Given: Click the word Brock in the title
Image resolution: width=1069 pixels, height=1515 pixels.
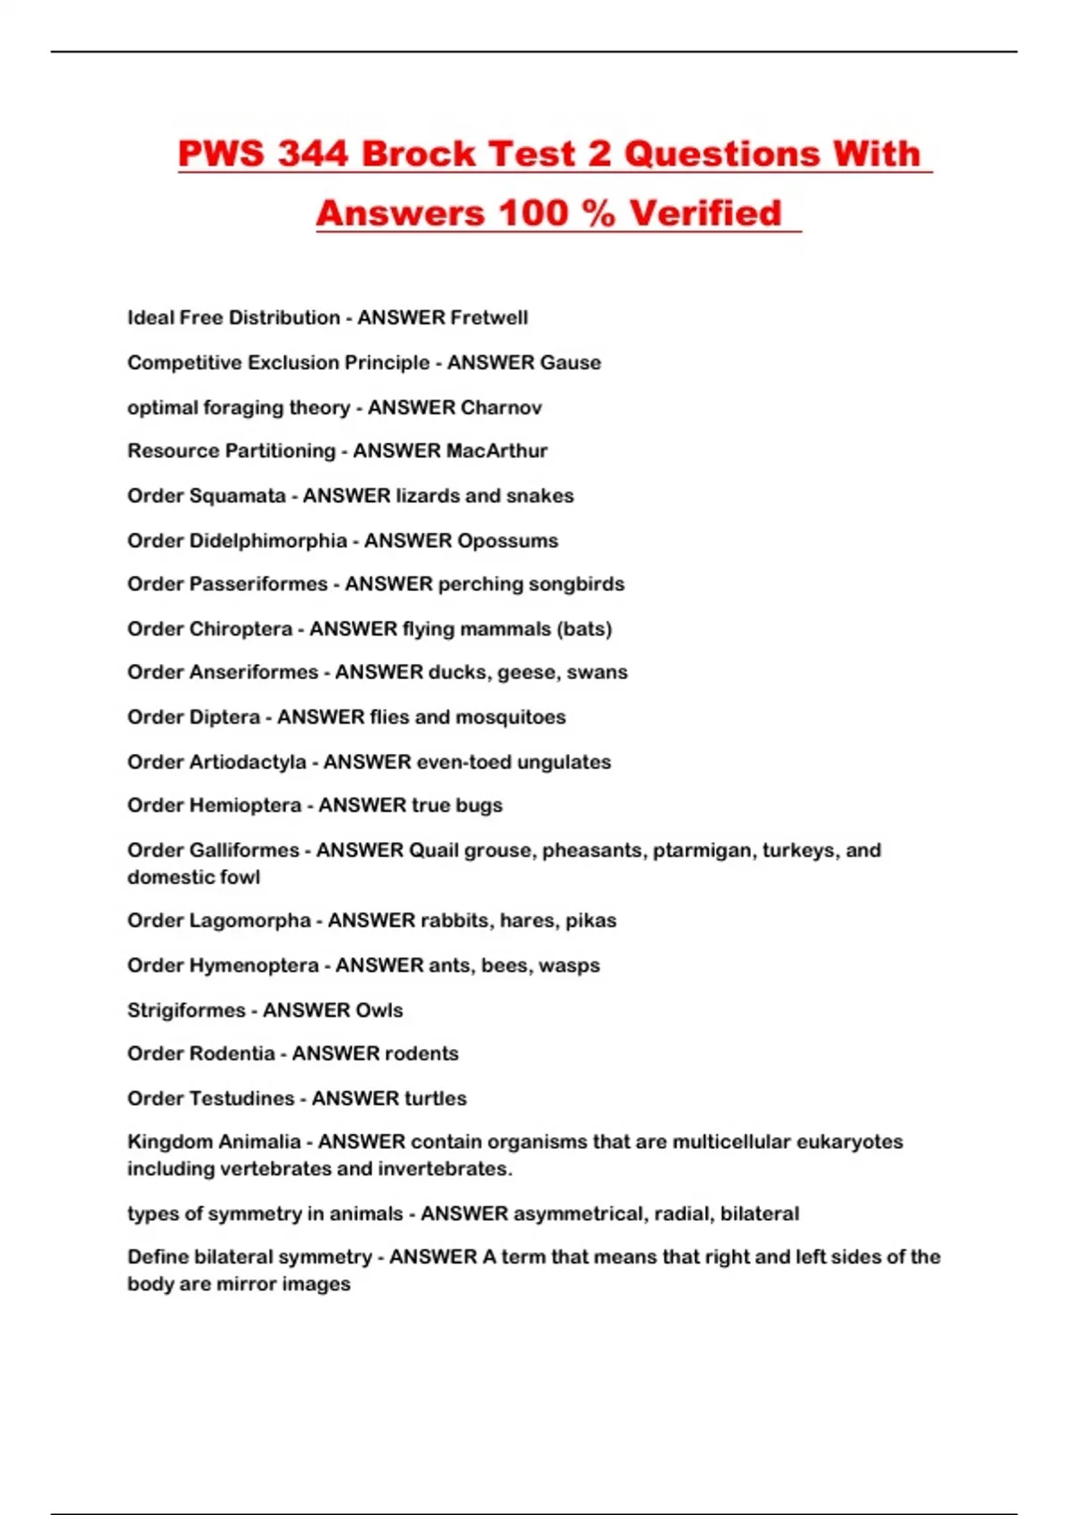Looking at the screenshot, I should [x=419, y=153].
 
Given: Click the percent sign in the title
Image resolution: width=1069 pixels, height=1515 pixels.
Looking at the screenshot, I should [x=597, y=213].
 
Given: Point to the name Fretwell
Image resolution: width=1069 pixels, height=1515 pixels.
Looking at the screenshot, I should [x=488, y=318].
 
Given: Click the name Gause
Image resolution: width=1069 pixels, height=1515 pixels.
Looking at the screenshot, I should [x=571, y=363].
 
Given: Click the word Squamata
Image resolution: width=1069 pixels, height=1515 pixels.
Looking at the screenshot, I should [x=238, y=495].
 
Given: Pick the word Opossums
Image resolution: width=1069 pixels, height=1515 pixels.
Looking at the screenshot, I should [x=507, y=541].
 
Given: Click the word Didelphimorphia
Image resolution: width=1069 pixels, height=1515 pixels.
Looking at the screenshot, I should [x=269, y=541].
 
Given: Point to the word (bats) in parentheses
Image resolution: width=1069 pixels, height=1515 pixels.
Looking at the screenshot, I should [x=584, y=629].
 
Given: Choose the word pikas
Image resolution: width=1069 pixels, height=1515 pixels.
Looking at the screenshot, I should [x=592, y=921].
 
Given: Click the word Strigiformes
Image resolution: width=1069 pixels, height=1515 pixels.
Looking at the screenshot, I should [x=186, y=1011].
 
